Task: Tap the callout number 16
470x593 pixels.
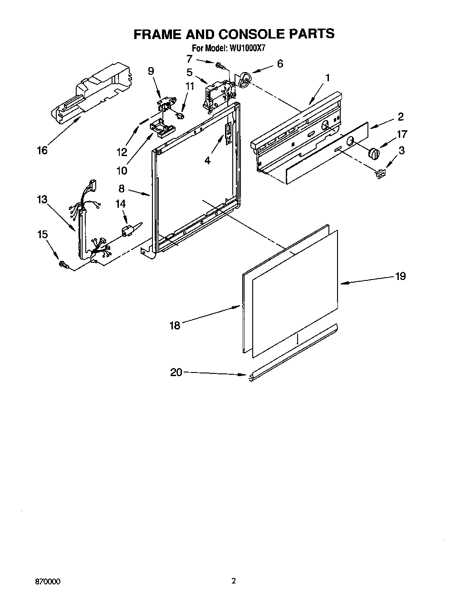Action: click(42, 150)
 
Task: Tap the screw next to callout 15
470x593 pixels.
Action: click(63, 264)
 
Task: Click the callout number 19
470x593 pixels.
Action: click(400, 276)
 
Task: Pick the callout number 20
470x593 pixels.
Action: click(176, 372)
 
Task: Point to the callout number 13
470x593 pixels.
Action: click(42, 200)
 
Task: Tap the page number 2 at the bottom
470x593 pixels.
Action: click(234, 580)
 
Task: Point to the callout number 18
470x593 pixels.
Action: click(175, 325)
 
